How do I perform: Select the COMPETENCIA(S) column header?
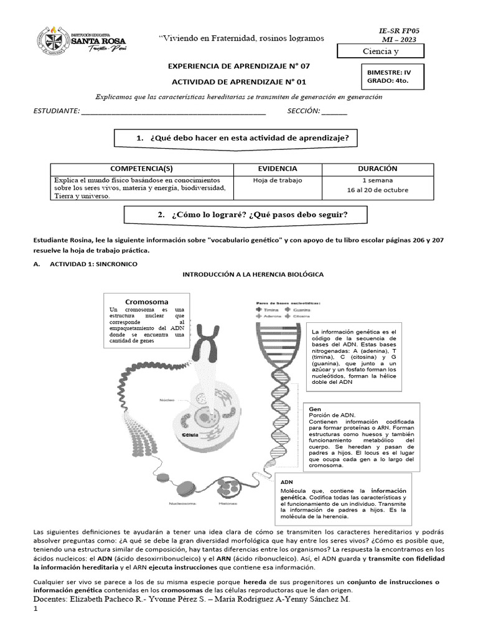coord(141,169)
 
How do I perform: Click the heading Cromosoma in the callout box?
coord(147,302)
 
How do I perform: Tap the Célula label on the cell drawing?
coord(190,435)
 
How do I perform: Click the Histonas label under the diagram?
coord(227,503)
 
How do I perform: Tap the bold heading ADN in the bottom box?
coord(287,482)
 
